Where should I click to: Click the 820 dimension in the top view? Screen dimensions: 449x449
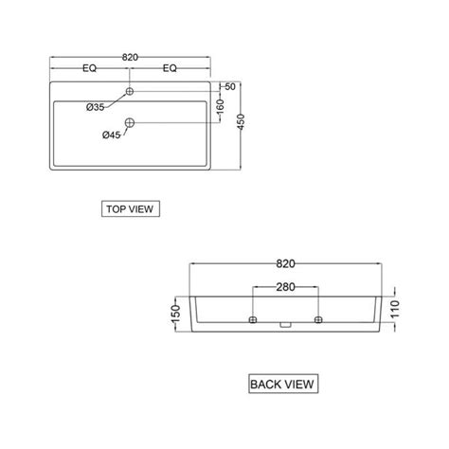pyautogui.click(x=130, y=58)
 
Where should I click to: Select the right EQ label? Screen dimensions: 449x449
pyautogui.click(x=171, y=69)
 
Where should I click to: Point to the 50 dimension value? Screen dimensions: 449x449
pyautogui.click(x=228, y=87)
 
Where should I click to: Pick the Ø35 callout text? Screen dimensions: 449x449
pyautogui.click(x=95, y=106)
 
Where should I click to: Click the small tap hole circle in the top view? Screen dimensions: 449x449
pyautogui.click(x=130, y=92)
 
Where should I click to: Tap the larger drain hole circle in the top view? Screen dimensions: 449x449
pyautogui.click(x=130, y=121)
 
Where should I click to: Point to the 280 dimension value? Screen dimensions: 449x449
pyautogui.click(x=285, y=287)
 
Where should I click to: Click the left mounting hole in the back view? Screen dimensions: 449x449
pyautogui.click(x=253, y=319)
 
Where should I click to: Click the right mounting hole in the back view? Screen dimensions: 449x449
pyautogui.click(x=318, y=319)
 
